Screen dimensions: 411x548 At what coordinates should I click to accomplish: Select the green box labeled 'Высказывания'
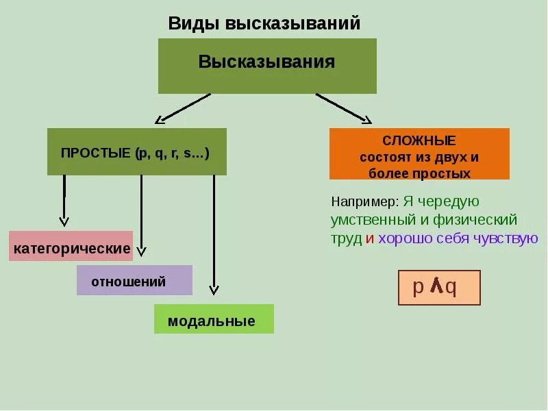(267, 66)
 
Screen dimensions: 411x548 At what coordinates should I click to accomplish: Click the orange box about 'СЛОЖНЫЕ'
(419, 154)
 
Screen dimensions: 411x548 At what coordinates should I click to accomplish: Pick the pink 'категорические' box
(71, 247)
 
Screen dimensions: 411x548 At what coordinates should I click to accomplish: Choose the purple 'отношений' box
(134, 280)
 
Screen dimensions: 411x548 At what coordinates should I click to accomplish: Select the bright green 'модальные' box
(214, 319)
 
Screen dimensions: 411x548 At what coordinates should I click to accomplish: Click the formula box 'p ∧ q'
(439, 288)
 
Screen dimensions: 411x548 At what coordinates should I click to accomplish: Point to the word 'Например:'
(364, 203)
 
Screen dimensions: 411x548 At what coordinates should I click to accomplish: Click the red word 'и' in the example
(369, 239)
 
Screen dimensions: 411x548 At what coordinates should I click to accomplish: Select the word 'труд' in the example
(346, 239)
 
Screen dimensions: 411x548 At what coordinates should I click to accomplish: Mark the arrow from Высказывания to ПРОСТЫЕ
(184, 108)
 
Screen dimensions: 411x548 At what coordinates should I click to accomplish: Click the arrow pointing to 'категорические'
(64, 199)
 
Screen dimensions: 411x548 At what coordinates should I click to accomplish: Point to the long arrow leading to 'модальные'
(214, 233)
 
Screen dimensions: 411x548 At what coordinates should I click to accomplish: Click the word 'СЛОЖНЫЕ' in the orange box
(419, 140)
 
